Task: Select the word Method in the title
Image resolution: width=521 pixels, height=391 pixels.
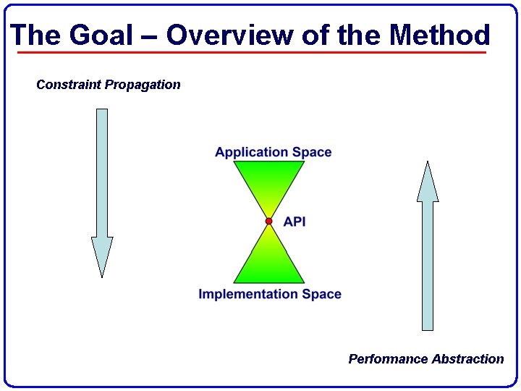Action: [x=439, y=35]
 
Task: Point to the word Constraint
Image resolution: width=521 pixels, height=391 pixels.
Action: [x=69, y=85]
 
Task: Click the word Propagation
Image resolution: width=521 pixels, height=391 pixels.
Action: [x=143, y=85]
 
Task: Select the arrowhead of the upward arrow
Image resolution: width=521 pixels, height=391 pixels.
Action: [x=428, y=182]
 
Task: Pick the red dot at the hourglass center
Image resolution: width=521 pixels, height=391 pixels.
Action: [x=268, y=221]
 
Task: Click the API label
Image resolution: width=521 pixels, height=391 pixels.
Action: [x=295, y=222]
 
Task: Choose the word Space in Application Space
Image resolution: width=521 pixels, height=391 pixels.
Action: [x=312, y=152]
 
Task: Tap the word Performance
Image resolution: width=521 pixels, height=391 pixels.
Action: [x=388, y=359]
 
